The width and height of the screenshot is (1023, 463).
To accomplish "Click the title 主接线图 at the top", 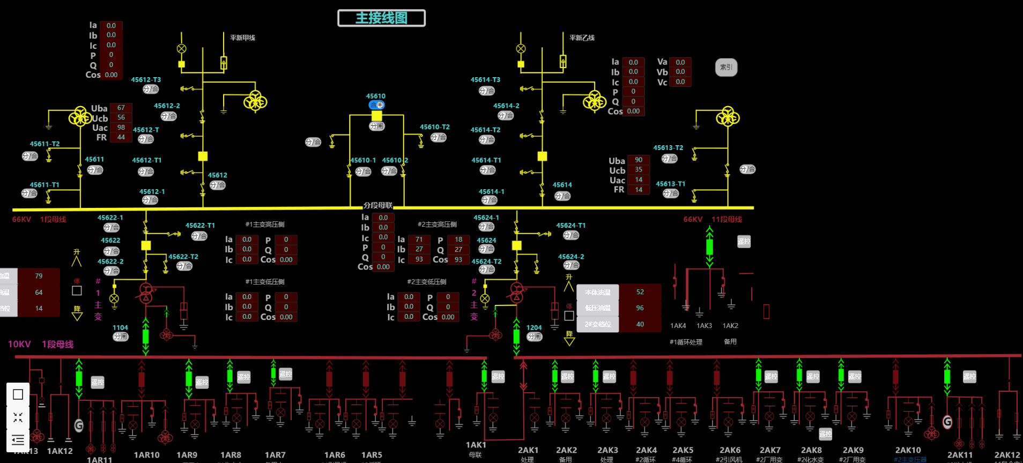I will [381, 18].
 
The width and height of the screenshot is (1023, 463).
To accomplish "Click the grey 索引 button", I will [726, 68].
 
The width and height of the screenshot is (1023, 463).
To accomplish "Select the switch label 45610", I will [376, 96].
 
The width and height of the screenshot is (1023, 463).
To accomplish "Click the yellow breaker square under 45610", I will [377, 116].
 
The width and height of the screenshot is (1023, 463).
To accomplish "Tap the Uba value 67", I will [121, 108].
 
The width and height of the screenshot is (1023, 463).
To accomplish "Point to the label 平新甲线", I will [242, 38].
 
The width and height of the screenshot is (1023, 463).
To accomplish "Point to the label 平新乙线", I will [582, 38].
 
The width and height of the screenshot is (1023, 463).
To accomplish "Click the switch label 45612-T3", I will [146, 80].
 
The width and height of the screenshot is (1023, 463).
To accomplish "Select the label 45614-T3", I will [485, 80].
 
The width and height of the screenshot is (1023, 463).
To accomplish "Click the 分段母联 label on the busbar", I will [378, 205].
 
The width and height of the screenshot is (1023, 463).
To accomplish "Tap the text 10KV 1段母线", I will [41, 344].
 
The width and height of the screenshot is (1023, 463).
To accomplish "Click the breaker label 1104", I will [120, 327].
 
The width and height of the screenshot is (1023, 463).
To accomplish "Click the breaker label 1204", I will [534, 327].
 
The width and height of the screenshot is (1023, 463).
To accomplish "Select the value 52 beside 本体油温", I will [640, 292].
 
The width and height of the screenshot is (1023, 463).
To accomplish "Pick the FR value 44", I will [121, 137].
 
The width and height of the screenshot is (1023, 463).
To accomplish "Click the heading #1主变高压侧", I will [265, 225].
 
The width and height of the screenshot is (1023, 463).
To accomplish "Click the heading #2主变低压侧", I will [427, 282].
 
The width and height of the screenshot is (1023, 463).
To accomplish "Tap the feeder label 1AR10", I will [146, 455].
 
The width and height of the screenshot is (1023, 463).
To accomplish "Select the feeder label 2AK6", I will [730, 450].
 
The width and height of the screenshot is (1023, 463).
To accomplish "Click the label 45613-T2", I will [668, 148].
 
